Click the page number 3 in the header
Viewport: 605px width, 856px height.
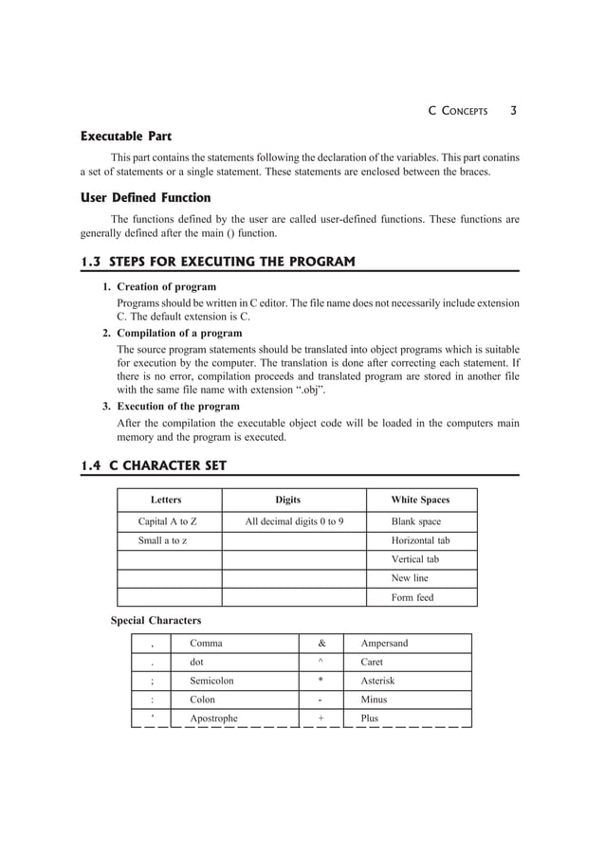point(513,110)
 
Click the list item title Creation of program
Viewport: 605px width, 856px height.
point(166,286)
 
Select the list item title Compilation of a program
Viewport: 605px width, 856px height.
point(178,333)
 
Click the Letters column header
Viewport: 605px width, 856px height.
point(166,500)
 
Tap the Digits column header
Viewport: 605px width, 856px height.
point(288,500)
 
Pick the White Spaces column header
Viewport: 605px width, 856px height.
point(420,500)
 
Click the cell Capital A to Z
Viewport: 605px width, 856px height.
point(168,521)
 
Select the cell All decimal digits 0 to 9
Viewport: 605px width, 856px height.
point(294,521)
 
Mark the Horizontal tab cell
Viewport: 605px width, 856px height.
point(420,540)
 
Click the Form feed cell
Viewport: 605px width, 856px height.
point(412,597)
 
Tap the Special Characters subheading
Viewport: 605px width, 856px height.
point(156,621)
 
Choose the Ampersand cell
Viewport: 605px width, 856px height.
point(384,643)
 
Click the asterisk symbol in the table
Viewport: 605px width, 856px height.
point(321,681)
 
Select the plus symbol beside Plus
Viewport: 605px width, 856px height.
point(321,719)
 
